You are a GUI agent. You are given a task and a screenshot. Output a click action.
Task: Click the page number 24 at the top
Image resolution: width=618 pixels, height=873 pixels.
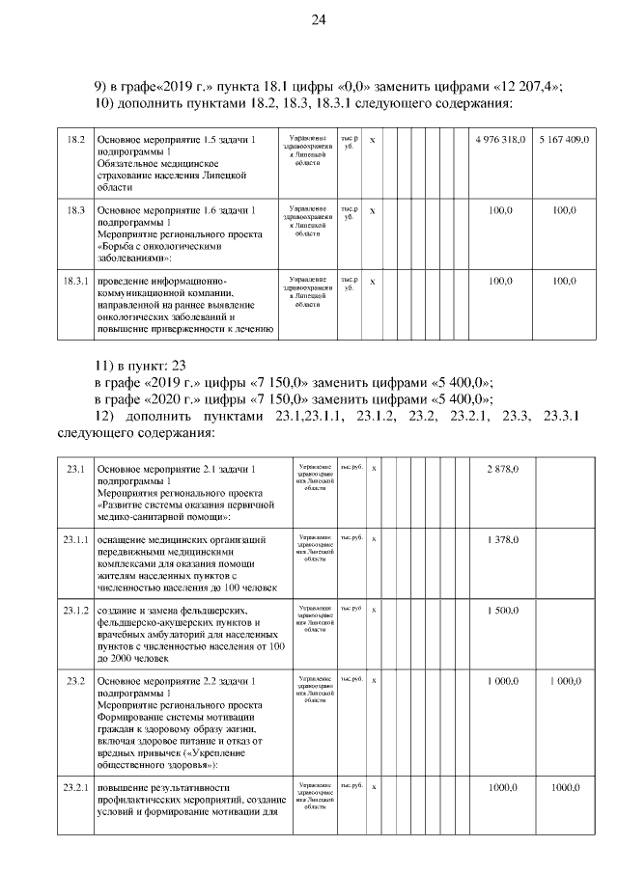point(319,20)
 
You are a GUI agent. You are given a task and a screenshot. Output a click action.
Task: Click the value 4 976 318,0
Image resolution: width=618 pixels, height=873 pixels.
point(500,141)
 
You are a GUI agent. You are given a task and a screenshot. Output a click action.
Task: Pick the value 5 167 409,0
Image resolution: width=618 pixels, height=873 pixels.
point(564,141)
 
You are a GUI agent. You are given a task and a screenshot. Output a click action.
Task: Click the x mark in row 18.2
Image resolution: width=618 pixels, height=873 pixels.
point(373,141)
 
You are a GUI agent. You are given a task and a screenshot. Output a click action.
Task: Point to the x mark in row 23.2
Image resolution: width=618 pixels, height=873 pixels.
point(374,680)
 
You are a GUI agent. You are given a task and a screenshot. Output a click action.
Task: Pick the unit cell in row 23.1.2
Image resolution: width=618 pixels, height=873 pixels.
point(351,610)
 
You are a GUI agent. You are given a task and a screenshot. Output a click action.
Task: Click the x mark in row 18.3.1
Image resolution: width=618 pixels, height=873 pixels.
point(373,281)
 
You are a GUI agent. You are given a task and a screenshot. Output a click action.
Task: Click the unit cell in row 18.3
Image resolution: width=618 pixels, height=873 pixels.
point(350,213)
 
